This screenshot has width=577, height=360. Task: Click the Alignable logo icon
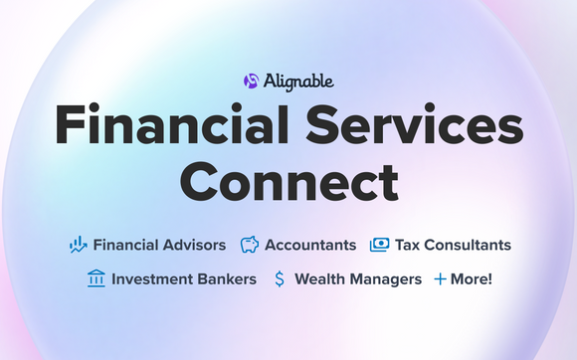tap(252, 81)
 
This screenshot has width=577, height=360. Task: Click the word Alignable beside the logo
tap(296, 81)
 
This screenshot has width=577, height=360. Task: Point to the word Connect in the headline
tap(288, 183)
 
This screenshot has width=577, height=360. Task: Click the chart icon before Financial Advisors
tap(79, 245)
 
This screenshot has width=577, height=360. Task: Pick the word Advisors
tap(192, 245)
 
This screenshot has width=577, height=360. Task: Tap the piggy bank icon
tap(250, 245)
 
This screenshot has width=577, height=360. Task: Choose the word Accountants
tap(311, 245)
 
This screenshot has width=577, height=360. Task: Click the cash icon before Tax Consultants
tap(379, 245)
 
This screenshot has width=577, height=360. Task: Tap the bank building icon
tap(96, 279)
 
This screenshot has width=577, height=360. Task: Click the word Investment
tap(156, 279)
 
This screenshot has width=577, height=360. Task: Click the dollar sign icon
tap(280, 279)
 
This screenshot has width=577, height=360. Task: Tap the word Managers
tap(388, 279)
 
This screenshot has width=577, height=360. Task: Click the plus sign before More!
tap(440, 279)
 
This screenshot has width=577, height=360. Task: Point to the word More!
tap(472, 279)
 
